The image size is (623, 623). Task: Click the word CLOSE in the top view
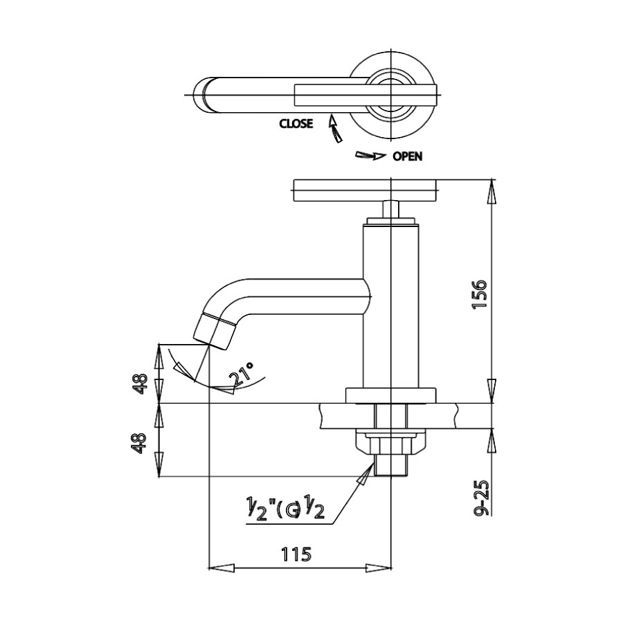(x=296, y=124)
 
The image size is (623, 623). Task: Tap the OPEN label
(x=407, y=156)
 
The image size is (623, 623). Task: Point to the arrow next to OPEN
(x=370, y=156)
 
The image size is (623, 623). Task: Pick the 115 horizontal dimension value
(x=296, y=554)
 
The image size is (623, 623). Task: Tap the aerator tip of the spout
(x=215, y=331)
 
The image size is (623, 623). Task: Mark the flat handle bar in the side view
(x=366, y=190)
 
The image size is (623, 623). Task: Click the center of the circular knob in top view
(x=392, y=95)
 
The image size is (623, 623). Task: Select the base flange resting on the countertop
(x=392, y=395)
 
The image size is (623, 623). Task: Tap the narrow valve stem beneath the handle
(x=391, y=208)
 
